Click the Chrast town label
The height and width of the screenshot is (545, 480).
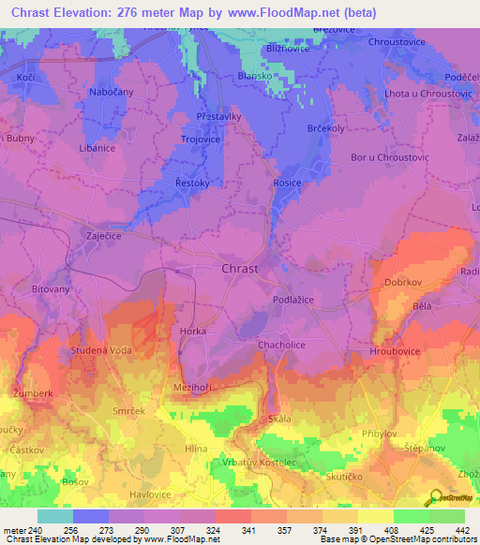240,270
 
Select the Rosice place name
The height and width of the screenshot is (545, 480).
286,184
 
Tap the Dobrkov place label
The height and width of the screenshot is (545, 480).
405,281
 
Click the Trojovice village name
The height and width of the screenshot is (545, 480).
200,140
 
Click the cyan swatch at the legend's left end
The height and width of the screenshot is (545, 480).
54,516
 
